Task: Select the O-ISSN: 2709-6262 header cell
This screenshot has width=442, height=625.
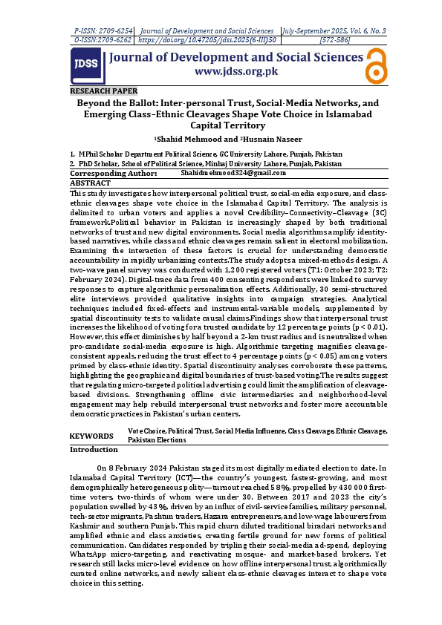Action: [104, 39]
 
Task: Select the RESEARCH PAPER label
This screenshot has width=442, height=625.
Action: [98, 91]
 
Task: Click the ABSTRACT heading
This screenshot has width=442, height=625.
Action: [90, 182]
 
